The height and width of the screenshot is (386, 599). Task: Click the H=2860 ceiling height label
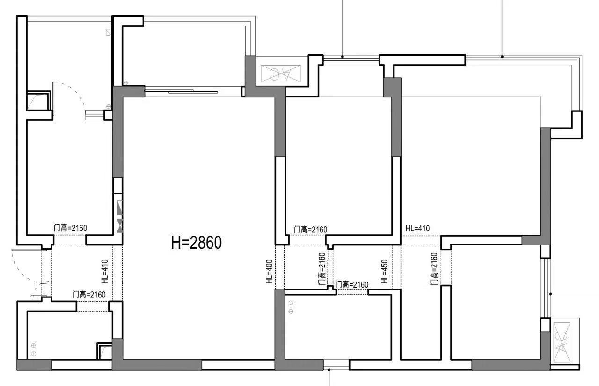tap(196, 243)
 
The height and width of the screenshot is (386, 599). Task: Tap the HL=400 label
tap(269, 271)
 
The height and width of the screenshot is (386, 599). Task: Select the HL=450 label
tap(385, 271)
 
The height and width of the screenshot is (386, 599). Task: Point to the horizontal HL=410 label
tap(417, 228)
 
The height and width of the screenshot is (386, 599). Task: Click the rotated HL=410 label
tap(104, 272)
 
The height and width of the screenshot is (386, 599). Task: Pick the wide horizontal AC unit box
tap(281, 74)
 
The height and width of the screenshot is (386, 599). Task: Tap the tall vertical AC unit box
tap(562, 342)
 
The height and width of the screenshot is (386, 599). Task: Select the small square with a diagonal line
tap(108, 32)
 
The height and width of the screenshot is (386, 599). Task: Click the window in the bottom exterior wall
tap(336, 364)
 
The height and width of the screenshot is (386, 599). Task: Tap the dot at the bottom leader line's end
tap(329, 370)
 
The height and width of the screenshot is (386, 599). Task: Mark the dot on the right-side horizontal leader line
tap(551, 294)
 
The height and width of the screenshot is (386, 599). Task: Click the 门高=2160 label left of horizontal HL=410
tap(310, 230)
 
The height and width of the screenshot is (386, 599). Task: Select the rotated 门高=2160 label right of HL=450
tap(434, 269)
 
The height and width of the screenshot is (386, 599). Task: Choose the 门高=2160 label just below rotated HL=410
tap(89, 295)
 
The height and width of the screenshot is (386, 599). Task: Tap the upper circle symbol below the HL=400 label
tap(291, 303)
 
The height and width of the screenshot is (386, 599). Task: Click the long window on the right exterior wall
tap(545, 288)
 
